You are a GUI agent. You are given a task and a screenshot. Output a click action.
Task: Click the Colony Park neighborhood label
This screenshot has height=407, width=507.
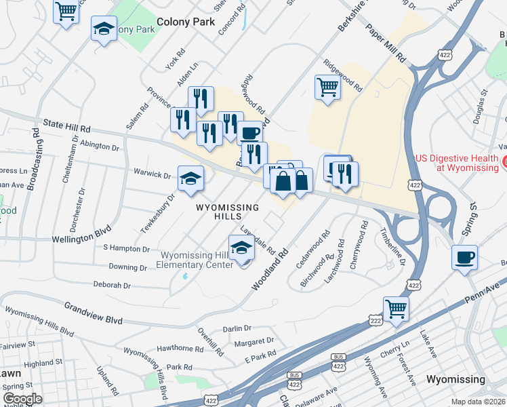click(186, 22)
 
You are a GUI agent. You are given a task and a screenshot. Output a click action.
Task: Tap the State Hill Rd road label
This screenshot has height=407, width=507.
click(66, 127)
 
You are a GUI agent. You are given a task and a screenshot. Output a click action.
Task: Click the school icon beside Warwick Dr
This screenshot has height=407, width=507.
click(190, 178)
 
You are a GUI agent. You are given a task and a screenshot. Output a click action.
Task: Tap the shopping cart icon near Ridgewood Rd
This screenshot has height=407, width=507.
click(327, 87)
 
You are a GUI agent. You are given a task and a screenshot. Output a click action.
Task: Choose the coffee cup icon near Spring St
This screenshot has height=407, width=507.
click(465, 258)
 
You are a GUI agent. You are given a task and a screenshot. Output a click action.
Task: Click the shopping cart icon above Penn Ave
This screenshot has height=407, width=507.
click(397, 309)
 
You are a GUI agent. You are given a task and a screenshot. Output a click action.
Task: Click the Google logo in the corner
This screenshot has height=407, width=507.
click(22, 399)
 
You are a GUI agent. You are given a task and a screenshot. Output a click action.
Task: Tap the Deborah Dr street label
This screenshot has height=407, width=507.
click(112, 285)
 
